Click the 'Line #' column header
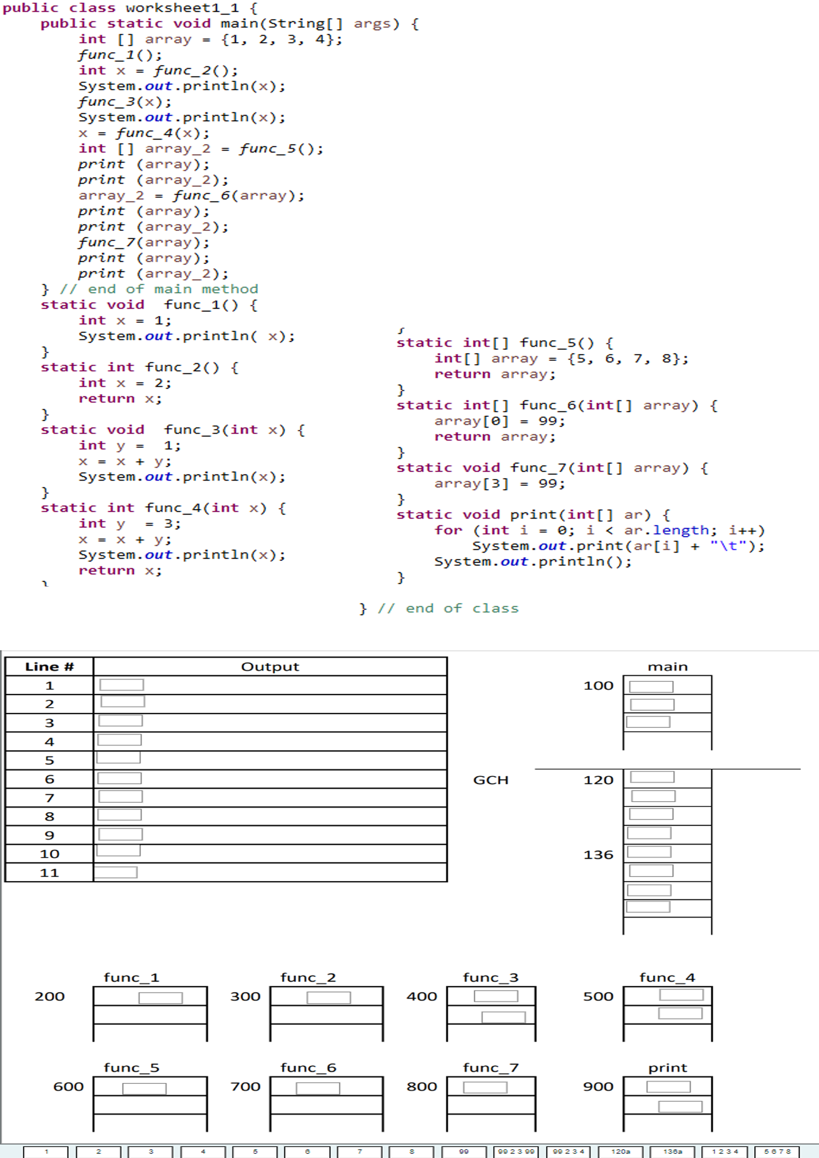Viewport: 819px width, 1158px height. click(x=49, y=667)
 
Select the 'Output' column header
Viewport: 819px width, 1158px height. click(x=270, y=667)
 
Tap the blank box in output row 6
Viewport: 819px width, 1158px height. click(x=120, y=778)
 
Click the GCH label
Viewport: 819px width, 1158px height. click(x=491, y=780)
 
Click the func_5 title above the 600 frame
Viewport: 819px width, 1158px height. click(x=132, y=1068)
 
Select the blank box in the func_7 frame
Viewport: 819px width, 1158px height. click(x=485, y=1087)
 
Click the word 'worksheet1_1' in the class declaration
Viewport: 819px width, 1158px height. click(x=182, y=8)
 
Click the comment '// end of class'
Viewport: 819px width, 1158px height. click(x=448, y=609)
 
